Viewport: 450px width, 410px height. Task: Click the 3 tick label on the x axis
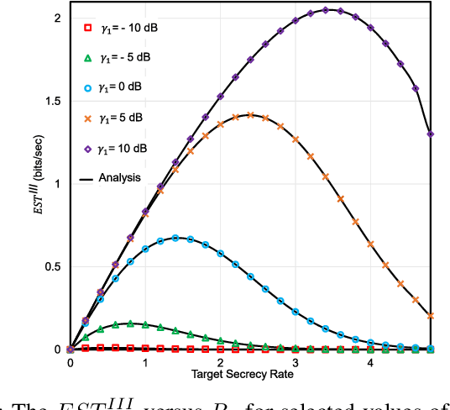[296, 363]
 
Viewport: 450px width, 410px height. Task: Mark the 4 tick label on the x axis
[370, 363]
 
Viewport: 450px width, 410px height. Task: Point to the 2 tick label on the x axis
[220, 363]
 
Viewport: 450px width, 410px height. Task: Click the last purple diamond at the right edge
[431, 134]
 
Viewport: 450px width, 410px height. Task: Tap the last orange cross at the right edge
[431, 316]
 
